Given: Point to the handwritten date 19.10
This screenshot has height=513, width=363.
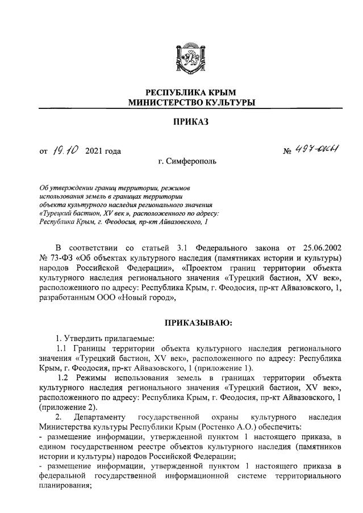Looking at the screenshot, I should (x=66, y=151).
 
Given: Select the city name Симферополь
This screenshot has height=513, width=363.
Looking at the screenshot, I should (x=188, y=161).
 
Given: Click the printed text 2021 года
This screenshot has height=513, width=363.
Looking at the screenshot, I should (x=103, y=151).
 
